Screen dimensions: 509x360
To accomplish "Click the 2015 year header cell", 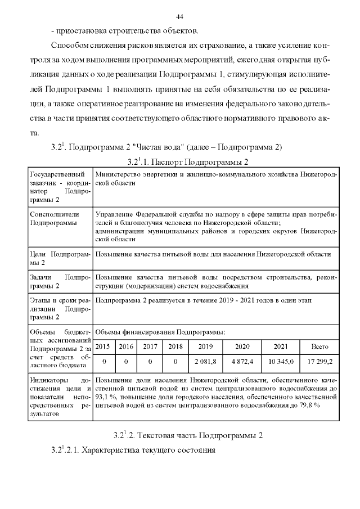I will coord(102,346).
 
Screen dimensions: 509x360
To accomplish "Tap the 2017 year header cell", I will coord(150,346).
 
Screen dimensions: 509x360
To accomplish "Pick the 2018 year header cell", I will coord(175,346).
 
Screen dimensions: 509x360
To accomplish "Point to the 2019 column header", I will coord(205,346).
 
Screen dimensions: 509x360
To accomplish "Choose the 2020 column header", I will coord(242,346).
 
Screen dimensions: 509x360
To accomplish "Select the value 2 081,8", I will coord(205,361).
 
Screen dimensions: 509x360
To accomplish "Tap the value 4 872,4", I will coord(242,361).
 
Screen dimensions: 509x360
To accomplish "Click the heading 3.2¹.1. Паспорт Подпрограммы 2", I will coord(188,162).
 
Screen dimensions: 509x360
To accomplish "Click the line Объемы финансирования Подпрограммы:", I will coord(160,332).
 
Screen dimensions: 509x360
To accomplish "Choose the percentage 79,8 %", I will coord(307,406).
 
